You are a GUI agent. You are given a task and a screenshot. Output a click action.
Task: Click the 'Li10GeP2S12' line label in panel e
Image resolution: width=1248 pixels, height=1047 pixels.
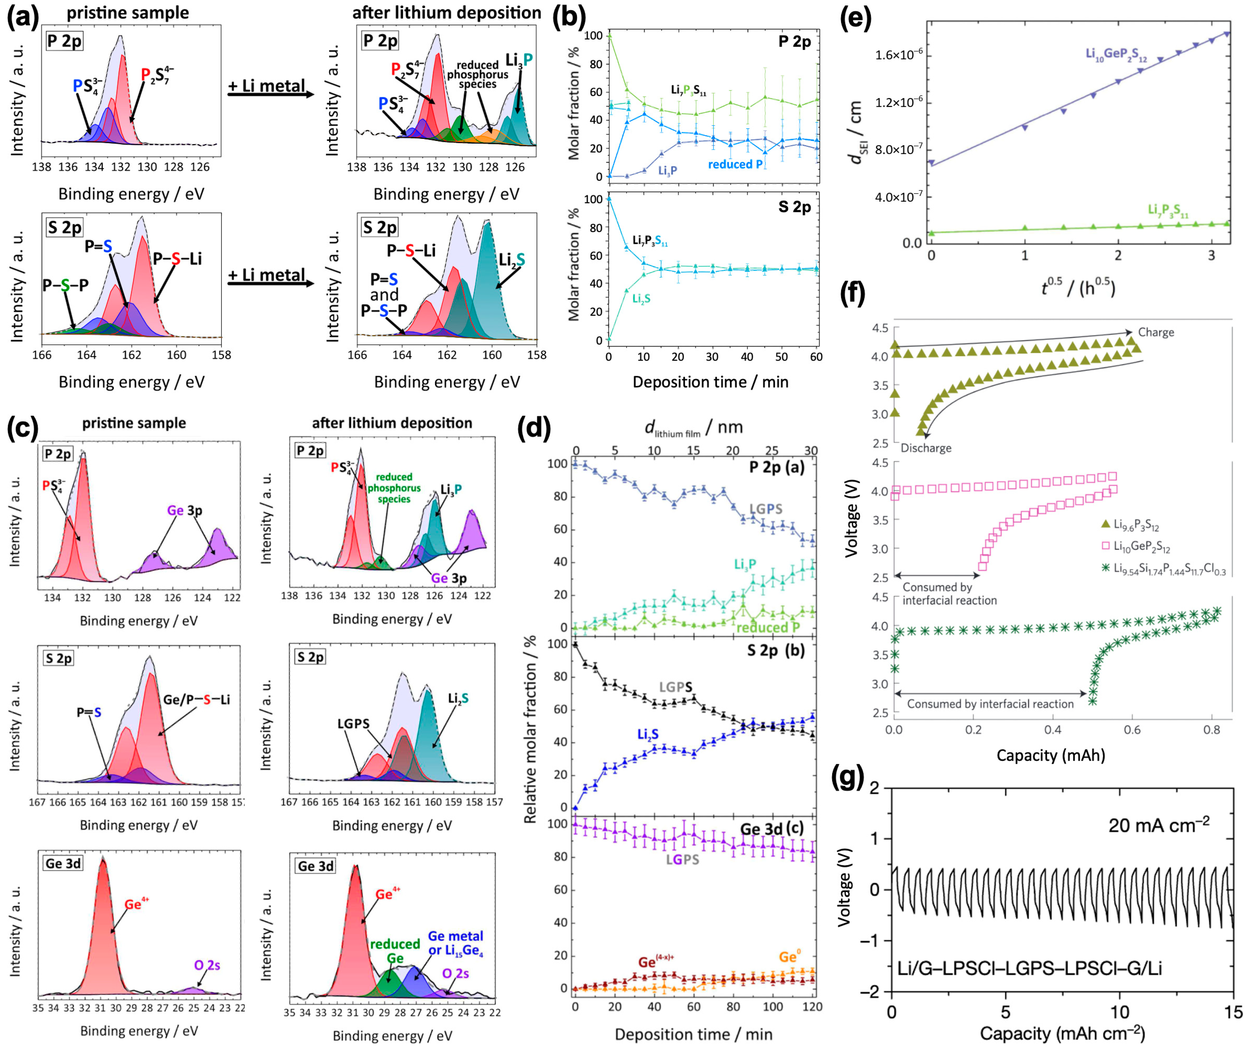[1116, 55]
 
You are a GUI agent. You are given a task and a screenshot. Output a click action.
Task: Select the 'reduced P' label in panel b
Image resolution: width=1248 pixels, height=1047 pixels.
[735, 165]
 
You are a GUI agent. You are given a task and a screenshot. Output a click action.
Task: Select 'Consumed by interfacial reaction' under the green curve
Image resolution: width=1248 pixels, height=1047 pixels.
[990, 704]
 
